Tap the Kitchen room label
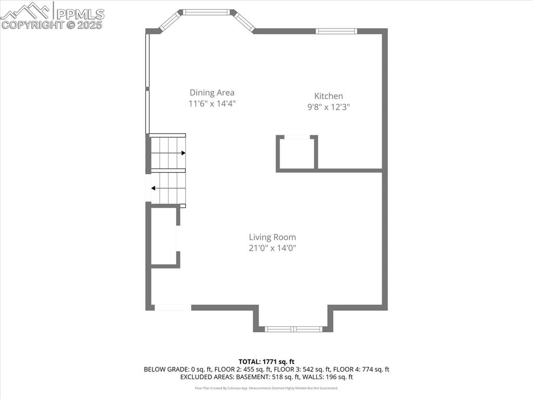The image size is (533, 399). point(328,96)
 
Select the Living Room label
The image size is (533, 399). point(272,237)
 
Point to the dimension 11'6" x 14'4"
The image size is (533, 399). point(212,104)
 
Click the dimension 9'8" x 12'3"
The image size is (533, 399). point(328,107)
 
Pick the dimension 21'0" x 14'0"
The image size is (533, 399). point(272,248)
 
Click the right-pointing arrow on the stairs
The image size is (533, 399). point(183,153)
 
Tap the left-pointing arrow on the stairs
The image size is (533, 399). point(154,188)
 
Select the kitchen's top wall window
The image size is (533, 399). point(337,31)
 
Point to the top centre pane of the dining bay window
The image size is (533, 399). point(206,11)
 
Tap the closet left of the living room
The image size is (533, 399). point(163,237)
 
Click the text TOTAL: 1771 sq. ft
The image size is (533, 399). point(266,362)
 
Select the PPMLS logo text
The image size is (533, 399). point(80,14)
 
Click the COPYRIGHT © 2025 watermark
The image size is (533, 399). point(52,24)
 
